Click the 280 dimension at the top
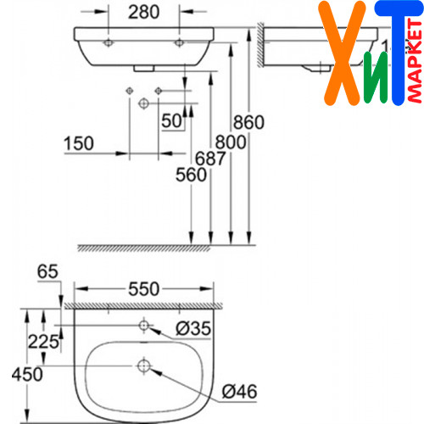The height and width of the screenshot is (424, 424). coord(143,12)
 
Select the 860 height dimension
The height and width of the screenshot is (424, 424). coord(248,122)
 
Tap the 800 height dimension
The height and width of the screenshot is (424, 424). coord(231,142)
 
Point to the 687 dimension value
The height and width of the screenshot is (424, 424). coord(210,158)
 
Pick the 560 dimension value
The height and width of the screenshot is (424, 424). coord(191,175)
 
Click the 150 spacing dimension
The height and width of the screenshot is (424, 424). coord(79,143)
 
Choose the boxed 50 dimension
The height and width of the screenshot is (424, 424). coord(171,120)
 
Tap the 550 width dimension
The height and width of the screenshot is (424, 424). coord(144,289)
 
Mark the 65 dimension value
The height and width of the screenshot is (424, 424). coord(47,271)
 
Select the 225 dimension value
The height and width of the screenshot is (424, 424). coord(43,342)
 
